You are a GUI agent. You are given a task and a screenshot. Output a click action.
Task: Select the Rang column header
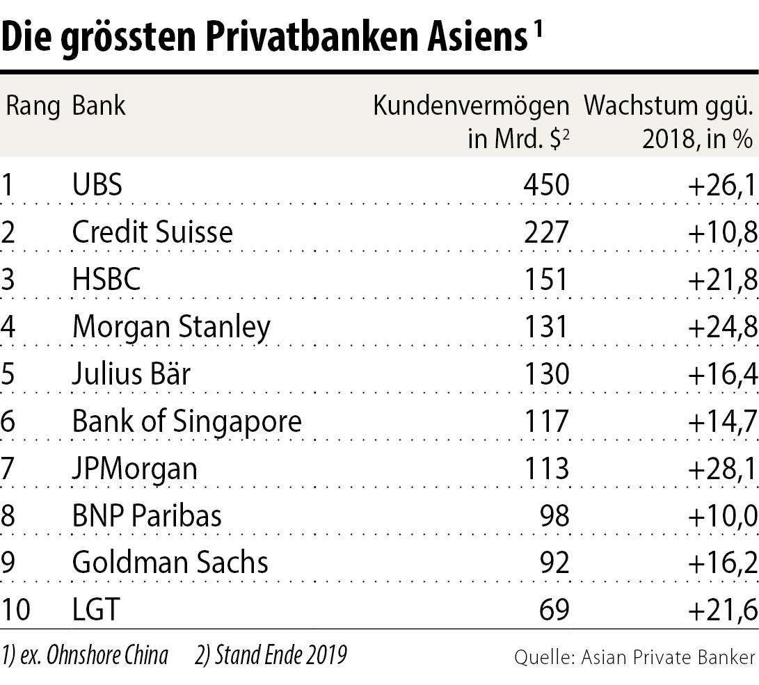33,106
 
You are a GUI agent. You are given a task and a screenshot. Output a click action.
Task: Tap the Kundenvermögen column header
471,106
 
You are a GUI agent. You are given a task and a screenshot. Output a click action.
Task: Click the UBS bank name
97,185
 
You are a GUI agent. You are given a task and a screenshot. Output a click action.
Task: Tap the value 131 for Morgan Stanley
547,327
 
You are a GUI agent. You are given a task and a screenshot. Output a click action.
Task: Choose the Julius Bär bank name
131,374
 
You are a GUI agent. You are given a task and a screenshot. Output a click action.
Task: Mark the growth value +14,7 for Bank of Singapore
721,421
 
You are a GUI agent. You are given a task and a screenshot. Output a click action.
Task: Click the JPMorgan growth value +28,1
721,469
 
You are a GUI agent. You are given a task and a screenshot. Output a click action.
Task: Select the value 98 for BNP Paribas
555,516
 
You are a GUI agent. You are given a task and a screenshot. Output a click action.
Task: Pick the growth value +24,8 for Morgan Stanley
721,327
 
